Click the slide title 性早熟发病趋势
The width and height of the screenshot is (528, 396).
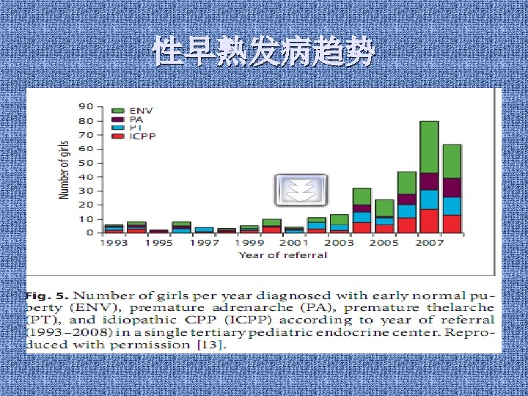tap(264, 53)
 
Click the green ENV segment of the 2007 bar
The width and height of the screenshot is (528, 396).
tap(429, 147)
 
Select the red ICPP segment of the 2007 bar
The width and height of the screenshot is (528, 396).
tap(429, 221)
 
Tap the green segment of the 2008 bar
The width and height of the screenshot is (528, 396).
tap(452, 161)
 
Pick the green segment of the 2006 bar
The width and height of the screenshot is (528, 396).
tap(407, 183)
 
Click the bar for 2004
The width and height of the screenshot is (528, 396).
tap(362, 210)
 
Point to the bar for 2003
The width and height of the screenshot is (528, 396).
tap(339, 223)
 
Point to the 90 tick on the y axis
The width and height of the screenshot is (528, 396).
tap(86, 107)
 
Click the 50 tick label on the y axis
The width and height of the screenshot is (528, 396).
tap(86, 163)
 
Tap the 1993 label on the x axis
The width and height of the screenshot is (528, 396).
tap(114, 243)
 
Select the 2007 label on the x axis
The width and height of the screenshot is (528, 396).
tap(429, 243)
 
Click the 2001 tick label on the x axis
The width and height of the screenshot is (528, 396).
tap(294, 243)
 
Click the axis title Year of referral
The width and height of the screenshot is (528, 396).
tap(282, 255)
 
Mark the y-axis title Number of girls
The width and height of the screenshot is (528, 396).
tap(65, 169)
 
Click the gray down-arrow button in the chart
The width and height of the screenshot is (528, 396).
tap(301, 191)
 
